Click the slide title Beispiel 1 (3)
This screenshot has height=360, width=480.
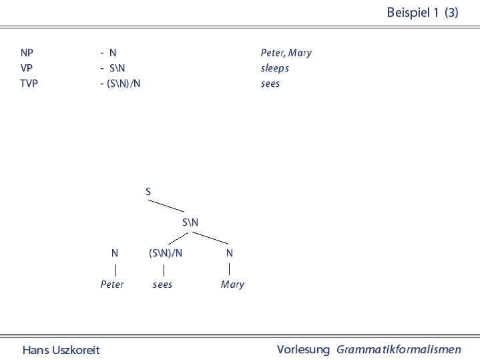pyautogui.click(x=423, y=13)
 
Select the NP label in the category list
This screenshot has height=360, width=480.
pyautogui.click(x=27, y=53)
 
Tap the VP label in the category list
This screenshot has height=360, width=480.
pyautogui.click(x=26, y=68)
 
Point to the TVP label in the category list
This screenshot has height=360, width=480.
pyautogui.click(x=29, y=83)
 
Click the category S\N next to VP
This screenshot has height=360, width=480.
pyautogui.click(x=117, y=68)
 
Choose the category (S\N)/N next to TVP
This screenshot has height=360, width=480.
pyautogui.click(x=124, y=83)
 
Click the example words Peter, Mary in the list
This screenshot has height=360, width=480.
pyautogui.click(x=286, y=53)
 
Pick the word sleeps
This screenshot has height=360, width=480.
pyautogui.click(x=275, y=68)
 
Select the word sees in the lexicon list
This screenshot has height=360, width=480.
pyautogui.click(x=270, y=83)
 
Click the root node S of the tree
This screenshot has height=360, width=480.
pyautogui.click(x=148, y=192)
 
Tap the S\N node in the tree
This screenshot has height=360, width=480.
pyautogui.click(x=190, y=222)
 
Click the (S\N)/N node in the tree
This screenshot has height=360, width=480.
pyautogui.click(x=166, y=253)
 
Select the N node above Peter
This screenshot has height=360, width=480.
pyautogui.click(x=115, y=253)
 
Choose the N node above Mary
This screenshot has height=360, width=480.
pyautogui.click(x=230, y=253)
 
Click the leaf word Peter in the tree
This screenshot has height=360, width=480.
pyautogui.click(x=112, y=285)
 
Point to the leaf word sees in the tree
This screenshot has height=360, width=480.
pyautogui.click(x=162, y=285)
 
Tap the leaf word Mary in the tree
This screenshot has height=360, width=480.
pyautogui.click(x=232, y=285)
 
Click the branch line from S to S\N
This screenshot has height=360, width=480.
pyautogui.click(x=166, y=206)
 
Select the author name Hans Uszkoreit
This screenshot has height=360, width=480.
pyautogui.click(x=61, y=350)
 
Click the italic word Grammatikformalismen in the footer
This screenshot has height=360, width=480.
pyautogui.click(x=399, y=349)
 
